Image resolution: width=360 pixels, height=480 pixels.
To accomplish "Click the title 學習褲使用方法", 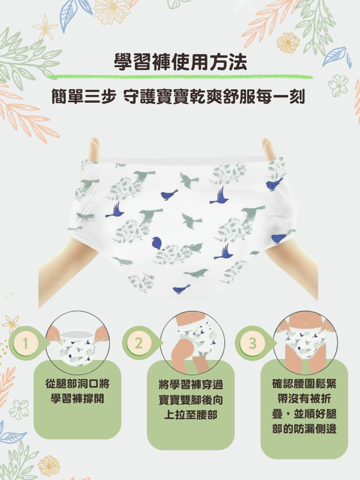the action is (x=180, y=62).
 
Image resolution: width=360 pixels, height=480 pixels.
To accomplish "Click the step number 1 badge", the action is (x=25, y=343).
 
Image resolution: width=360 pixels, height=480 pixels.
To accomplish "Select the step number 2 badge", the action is (x=139, y=343).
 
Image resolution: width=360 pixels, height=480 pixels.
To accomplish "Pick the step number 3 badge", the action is (x=252, y=343).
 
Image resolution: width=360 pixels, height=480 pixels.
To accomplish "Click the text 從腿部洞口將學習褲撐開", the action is (x=77, y=391).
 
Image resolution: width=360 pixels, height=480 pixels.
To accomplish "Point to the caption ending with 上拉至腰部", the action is (x=191, y=399).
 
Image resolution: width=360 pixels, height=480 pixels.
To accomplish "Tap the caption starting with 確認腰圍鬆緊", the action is (x=304, y=406).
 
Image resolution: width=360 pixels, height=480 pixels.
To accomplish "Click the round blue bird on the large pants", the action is (x=157, y=243).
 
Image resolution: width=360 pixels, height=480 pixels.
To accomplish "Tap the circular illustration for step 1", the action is (x=77, y=343).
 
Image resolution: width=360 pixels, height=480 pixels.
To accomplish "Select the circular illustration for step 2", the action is (x=192, y=343).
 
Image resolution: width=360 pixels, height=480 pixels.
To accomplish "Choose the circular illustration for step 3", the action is (x=305, y=343).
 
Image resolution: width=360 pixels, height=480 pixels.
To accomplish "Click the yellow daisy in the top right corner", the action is (x=288, y=43).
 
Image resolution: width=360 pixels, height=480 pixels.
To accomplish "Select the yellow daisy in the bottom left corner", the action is (x=49, y=466).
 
